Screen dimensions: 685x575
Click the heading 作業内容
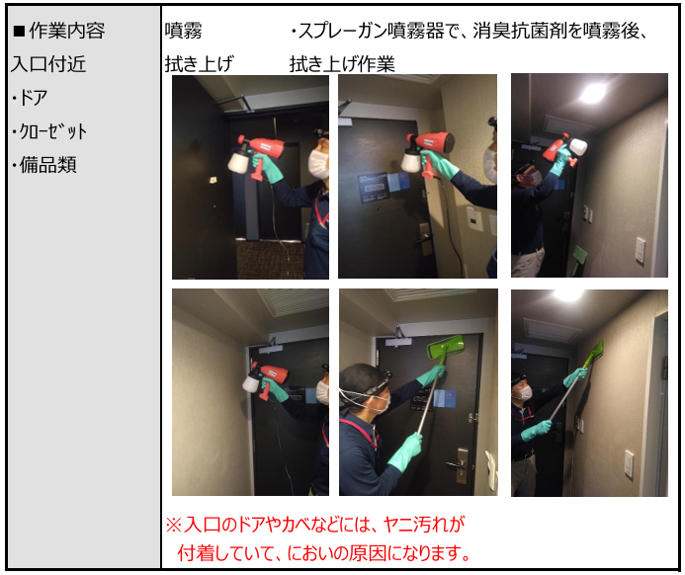[67, 31]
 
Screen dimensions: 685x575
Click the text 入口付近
[48, 64]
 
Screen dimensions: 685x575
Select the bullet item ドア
[34, 98]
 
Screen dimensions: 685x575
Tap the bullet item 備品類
[48, 165]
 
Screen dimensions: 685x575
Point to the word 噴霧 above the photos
[184, 31]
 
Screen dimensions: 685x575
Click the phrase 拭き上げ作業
[342, 64]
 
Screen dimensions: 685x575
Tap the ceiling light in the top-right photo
[593, 93]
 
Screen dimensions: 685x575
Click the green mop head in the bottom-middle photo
[445, 347]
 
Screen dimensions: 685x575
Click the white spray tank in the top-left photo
[238, 162]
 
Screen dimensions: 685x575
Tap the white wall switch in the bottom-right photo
[629, 464]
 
